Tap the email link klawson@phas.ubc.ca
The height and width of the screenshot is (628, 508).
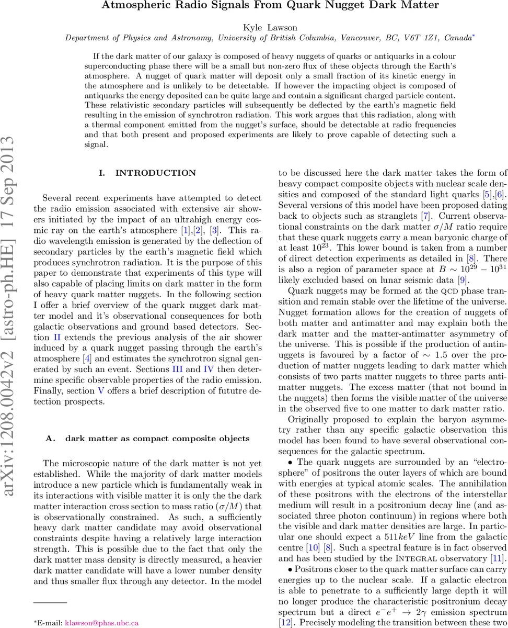[x=101, y=623]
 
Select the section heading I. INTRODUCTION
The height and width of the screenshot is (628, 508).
[x=148, y=173]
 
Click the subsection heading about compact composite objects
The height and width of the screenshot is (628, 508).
[x=148, y=438]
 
